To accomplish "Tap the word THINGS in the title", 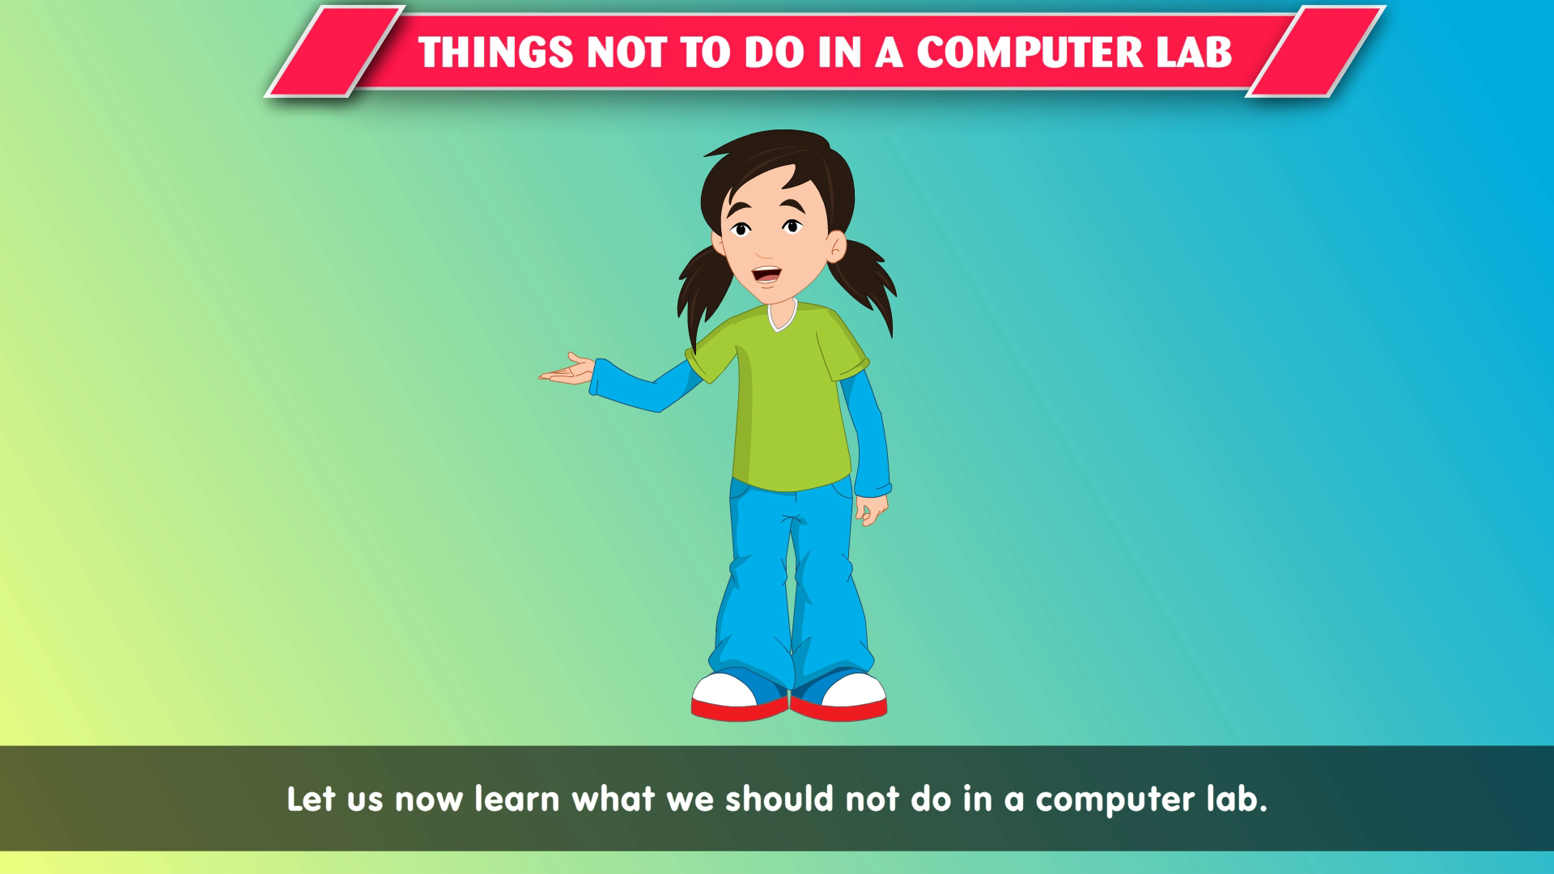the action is pyautogui.click(x=496, y=53).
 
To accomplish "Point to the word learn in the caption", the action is pyautogui.click(x=517, y=799).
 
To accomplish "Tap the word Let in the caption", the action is pyautogui.click(x=311, y=799).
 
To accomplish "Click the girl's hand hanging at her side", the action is pyautogui.click(x=872, y=510).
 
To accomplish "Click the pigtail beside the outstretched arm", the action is pyautogui.click(x=701, y=291).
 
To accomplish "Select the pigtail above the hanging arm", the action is pyautogui.click(x=864, y=283).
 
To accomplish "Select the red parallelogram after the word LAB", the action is pyautogui.click(x=1315, y=52).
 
